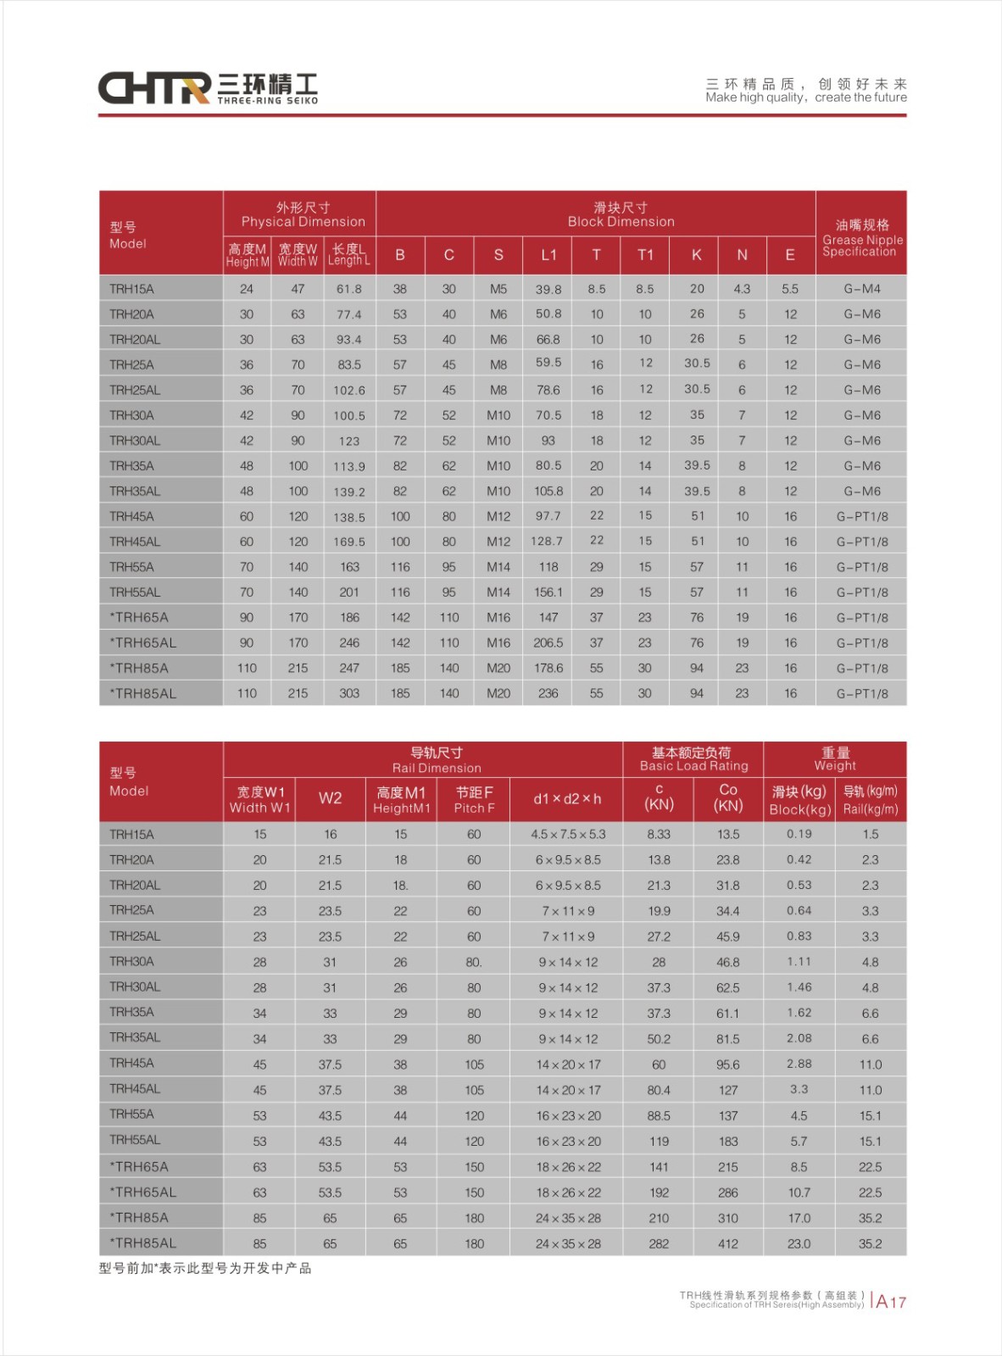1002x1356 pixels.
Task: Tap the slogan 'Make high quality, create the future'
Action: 805,97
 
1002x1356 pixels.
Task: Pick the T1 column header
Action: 645,255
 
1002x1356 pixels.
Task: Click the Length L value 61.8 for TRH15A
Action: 349,289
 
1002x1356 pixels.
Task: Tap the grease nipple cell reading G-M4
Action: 861,289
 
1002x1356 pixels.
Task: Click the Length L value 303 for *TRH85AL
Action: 349,693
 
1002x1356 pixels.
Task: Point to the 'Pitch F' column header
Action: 474,800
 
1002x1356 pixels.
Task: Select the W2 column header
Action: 330,798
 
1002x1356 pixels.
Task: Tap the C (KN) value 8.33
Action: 659,835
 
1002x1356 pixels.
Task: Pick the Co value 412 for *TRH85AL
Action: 728,1244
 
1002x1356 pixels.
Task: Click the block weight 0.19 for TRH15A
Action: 799,834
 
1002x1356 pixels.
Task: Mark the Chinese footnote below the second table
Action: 205,1269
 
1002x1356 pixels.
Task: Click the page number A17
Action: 891,1302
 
